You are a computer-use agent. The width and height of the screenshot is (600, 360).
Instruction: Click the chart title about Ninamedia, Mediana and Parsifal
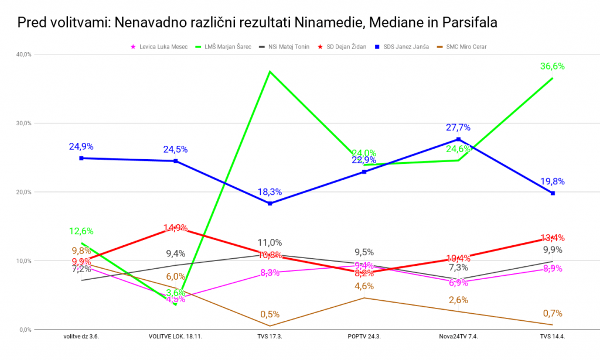tap(258, 23)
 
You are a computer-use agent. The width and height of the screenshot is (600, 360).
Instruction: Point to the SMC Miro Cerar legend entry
tap(466, 46)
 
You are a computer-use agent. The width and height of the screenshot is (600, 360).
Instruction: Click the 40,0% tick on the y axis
tap(24, 54)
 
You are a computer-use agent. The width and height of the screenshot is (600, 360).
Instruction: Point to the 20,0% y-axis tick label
tap(24, 192)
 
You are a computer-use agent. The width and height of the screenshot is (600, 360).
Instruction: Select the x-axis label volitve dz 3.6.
tap(81, 337)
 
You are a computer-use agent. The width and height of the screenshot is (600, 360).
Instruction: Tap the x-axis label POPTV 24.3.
tap(364, 337)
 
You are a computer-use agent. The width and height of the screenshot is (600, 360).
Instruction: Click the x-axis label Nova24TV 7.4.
tap(458, 337)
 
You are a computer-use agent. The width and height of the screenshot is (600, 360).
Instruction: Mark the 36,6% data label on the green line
tap(552, 67)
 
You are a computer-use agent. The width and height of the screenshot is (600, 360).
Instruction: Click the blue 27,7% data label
tap(458, 128)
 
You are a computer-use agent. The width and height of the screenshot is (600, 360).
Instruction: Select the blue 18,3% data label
tap(270, 192)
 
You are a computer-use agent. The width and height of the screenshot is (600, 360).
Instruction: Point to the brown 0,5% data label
tap(270, 314)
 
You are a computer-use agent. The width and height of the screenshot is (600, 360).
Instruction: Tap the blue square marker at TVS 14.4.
tap(553, 193)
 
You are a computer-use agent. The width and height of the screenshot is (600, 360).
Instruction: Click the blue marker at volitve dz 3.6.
tap(81, 158)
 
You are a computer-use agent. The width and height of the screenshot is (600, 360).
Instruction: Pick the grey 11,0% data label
tap(270, 242)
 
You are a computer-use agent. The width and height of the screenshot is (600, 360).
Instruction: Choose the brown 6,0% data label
tap(176, 277)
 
